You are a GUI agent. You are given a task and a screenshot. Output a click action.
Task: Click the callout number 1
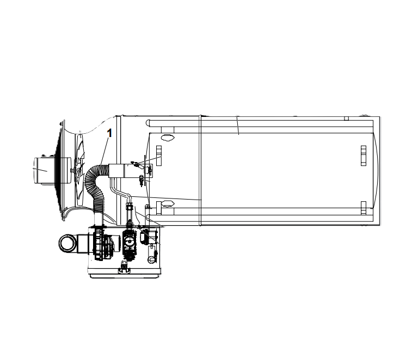109,133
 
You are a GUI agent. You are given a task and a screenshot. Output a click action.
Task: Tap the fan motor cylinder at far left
45,170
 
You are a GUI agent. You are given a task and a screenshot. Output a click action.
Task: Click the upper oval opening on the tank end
168,138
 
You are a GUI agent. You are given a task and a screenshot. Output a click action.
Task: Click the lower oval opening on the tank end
168,203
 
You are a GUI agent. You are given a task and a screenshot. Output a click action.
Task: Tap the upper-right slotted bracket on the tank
364,156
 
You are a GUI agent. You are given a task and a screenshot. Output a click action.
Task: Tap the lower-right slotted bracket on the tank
364,208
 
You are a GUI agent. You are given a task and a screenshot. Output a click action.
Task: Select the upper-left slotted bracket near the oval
159,156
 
